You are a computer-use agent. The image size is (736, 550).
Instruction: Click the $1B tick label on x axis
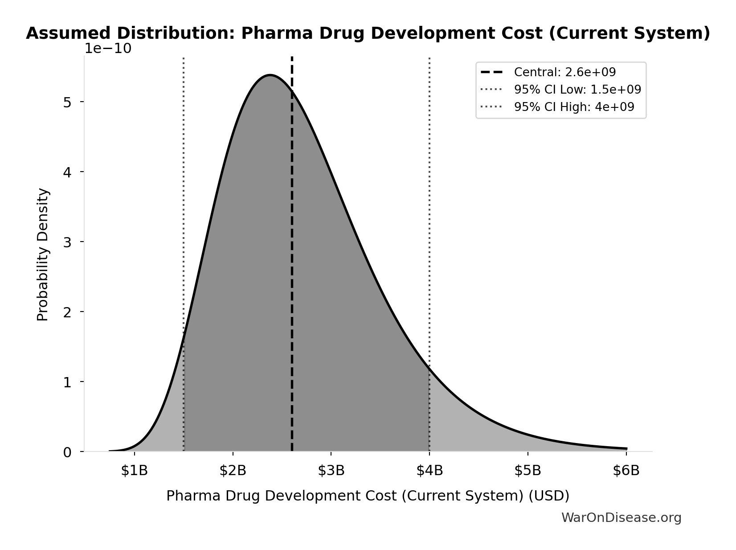click(134, 471)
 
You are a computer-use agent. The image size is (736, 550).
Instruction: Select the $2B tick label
click(233, 471)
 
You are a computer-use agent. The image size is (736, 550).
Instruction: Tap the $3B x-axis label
click(331, 471)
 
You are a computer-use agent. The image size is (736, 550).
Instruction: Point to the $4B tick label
click(429, 471)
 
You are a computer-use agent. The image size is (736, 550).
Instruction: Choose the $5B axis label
click(528, 471)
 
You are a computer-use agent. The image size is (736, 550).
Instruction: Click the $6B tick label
click(626, 471)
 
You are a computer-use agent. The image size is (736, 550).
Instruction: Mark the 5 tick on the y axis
click(67, 102)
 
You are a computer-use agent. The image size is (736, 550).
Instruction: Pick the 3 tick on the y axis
click(67, 242)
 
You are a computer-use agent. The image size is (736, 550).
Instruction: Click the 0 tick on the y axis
click(67, 452)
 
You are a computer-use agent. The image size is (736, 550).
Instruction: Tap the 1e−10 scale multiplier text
click(108, 49)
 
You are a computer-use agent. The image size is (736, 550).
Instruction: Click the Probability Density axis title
click(43, 254)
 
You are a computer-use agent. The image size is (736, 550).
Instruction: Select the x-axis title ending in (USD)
click(368, 496)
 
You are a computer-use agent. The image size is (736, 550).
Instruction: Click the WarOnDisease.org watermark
click(621, 517)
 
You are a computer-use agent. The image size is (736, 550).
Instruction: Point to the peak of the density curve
click(270, 75)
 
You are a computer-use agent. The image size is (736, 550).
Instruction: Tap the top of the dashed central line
click(292, 58)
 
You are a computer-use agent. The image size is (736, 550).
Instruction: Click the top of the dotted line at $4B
click(429, 59)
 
